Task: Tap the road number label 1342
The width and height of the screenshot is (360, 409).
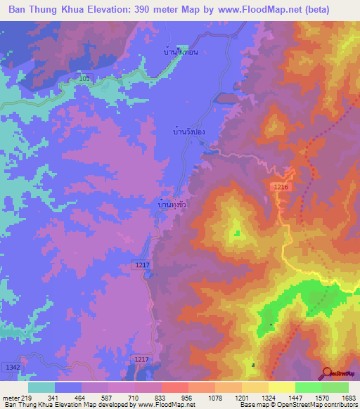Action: (11, 367)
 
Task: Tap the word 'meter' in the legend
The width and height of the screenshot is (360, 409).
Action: (11, 398)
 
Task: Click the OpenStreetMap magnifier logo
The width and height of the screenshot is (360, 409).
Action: (328, 373)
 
